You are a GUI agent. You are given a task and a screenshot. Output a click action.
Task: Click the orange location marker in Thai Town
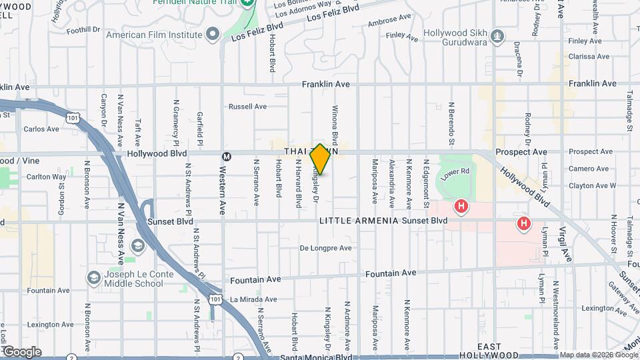(320, 159)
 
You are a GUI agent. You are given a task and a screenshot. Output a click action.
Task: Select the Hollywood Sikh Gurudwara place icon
(497, 34)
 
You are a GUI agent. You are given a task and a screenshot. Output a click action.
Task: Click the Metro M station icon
(227, 157)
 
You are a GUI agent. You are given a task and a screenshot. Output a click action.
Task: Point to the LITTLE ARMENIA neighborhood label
(359, 221)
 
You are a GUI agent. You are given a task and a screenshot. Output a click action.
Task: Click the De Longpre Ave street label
(325, 248)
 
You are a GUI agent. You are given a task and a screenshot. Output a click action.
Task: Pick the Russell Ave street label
(247, 107)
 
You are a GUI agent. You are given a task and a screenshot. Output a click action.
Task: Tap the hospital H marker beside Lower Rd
(460, 207)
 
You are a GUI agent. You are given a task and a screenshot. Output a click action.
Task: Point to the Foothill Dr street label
(83, 29)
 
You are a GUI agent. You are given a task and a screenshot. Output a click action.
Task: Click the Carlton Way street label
(46, 177)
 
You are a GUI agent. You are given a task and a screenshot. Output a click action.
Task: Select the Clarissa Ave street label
(586, 57)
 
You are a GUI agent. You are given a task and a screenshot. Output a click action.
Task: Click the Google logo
(22, 351)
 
